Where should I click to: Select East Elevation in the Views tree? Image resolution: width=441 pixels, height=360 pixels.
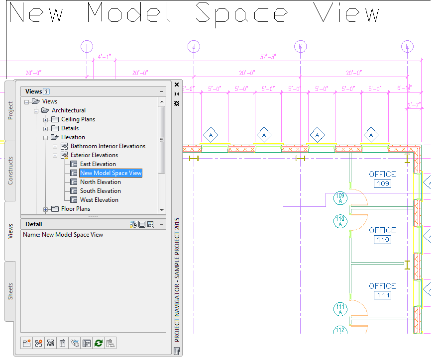(98, 164)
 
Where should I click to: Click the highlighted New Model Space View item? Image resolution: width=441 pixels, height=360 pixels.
(111, 173)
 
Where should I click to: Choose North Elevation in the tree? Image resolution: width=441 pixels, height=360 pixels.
(100, 182)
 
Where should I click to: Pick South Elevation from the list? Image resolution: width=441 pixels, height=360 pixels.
(100, 191)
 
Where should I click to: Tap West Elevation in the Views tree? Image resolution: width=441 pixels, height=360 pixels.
(99, 200)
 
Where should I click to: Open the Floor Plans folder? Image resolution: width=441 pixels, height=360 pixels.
(75, 209)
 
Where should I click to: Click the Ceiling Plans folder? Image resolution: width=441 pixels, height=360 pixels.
(78, 119)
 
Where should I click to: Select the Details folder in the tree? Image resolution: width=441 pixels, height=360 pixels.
(70, 128)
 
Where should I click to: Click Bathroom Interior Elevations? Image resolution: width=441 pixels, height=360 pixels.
(108, 146)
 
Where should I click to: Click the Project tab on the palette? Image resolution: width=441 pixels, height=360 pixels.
(10, 111)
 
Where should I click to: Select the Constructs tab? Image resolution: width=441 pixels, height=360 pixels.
(10, 171)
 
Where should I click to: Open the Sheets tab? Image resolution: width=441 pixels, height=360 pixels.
(10, 291)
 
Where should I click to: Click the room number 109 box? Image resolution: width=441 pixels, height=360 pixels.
(382, 184)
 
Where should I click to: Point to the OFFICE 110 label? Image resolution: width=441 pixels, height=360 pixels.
(382, 230)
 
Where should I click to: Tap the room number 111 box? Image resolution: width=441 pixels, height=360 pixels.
(382, 296)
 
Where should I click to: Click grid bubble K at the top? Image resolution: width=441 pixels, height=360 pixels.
(300, 47)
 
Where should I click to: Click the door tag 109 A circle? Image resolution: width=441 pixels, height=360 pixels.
(340, 198)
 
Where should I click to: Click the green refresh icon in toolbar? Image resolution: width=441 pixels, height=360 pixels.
(99, 343)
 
